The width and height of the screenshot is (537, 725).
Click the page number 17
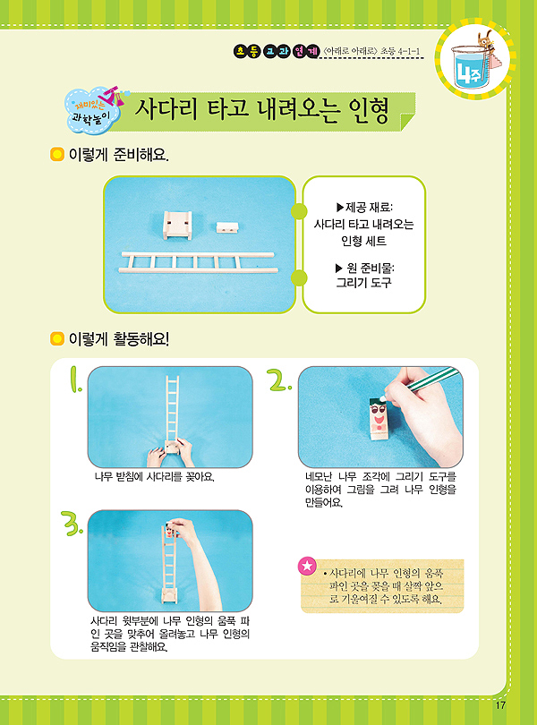[x=500, y=705]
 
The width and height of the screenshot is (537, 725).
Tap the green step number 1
[x=75, y=380]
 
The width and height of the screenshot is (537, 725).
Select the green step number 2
[x=279, y=380]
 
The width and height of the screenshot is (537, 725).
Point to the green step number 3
[x=72, y=523]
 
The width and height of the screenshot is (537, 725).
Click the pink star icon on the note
[x=308, y=566]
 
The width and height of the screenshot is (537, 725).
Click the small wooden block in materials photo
[x=227, y=227]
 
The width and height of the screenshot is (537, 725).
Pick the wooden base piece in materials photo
[x=177, y=225]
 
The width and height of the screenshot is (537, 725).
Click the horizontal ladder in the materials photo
[x=199, y=262]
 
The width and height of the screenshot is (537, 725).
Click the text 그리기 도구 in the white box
[x=363, y=283]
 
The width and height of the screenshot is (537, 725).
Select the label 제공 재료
[x=364, y=208]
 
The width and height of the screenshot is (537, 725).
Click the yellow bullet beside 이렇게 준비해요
[x=56, y=154]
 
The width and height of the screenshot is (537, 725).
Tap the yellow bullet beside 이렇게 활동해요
[x=56, y=339]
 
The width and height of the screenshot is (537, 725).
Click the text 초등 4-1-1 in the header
[x=400, y=51]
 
